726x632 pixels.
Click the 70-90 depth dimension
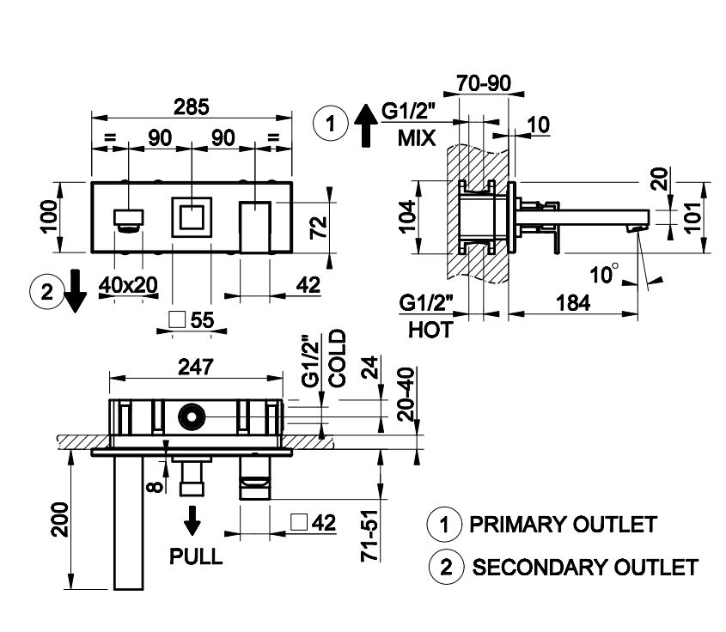(x=485, y=83)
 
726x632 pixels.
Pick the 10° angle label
(x=604, y=274)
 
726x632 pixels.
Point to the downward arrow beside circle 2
(x=75, y=293)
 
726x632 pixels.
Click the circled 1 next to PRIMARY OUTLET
(x=443, y=524)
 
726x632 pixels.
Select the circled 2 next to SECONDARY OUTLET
(x=443, y=567)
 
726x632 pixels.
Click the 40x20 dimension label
(x=128, y=285)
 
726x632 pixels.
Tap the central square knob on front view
(x=190, y=217)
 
